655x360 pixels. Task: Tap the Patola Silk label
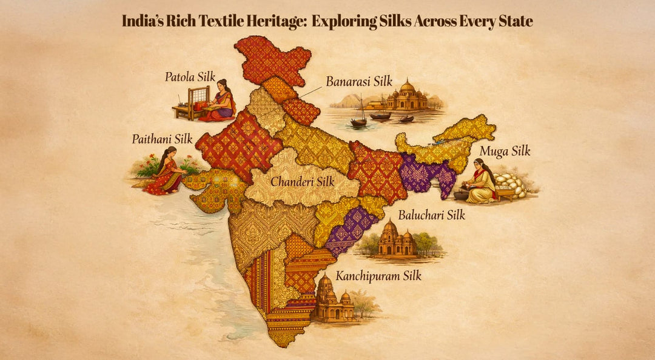click(x=190, y=77)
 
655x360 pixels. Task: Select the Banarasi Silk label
click(x=359, y=81)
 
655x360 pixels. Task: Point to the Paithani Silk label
click(x=162, y=139)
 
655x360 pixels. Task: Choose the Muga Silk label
click(x=505, y=151)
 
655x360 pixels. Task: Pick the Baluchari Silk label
click(x=431, y=215)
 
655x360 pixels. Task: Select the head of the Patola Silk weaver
click(x=223, y=84)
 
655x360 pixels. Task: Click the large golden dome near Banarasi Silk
click(x=407, y=87)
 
